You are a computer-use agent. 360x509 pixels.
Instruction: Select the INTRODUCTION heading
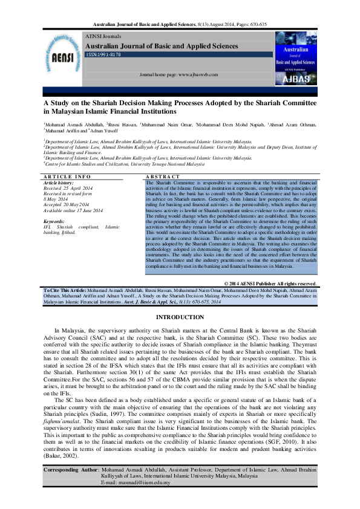180,317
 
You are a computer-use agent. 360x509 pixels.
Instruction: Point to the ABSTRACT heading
164,176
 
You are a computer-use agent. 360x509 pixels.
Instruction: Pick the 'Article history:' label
59,182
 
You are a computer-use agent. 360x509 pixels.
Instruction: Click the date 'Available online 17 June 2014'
73,210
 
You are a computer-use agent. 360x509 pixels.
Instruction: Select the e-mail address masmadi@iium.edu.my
145,482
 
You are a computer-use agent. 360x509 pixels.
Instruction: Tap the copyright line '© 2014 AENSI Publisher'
270,284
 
